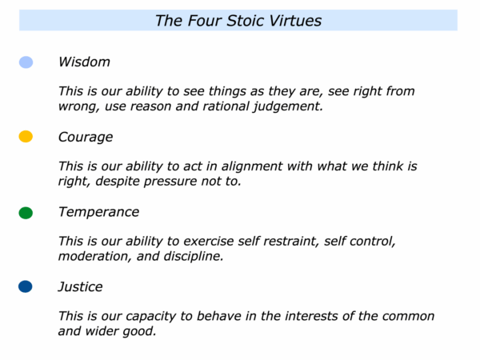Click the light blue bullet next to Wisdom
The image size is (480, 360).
point(26,62)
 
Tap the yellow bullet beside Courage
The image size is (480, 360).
point(26,137)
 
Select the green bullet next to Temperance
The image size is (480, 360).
point(26,213)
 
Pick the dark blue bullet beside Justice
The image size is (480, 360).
point(26,287)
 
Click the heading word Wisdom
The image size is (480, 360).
point(84,62)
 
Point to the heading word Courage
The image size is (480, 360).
point(86,138)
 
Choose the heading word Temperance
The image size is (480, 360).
point(98,212)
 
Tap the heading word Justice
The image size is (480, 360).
point(80,287)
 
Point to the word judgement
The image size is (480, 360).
point(288,107)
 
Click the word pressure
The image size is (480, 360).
point(170,182)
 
